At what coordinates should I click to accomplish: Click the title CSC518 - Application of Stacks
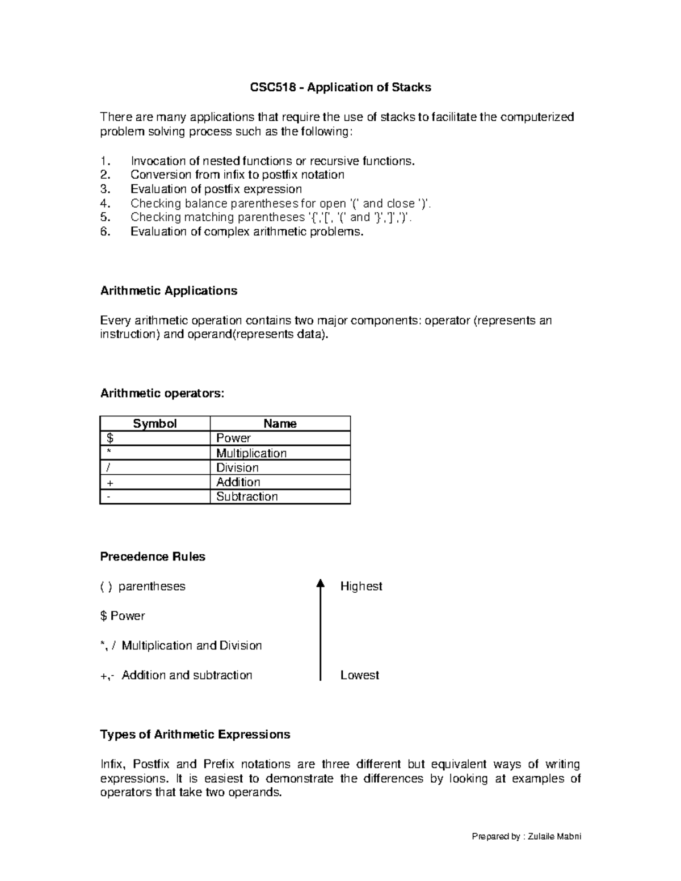point(340,87)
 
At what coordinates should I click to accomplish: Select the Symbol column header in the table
point(154,424)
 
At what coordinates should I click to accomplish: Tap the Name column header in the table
point(280,424)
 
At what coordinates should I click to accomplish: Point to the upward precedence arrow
point(321,630)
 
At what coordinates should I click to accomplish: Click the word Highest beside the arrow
point(361,586)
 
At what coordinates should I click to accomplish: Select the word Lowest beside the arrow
point(359,675)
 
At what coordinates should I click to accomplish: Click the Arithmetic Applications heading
point(169,291)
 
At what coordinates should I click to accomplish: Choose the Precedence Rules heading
point(153,557)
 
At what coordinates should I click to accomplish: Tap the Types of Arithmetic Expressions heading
point(195,735)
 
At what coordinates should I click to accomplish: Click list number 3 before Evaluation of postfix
point(104,189)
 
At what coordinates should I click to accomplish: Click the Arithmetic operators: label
point(162,394)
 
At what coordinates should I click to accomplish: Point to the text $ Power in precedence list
point(122,616)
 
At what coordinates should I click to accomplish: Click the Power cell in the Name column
point(233,438)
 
